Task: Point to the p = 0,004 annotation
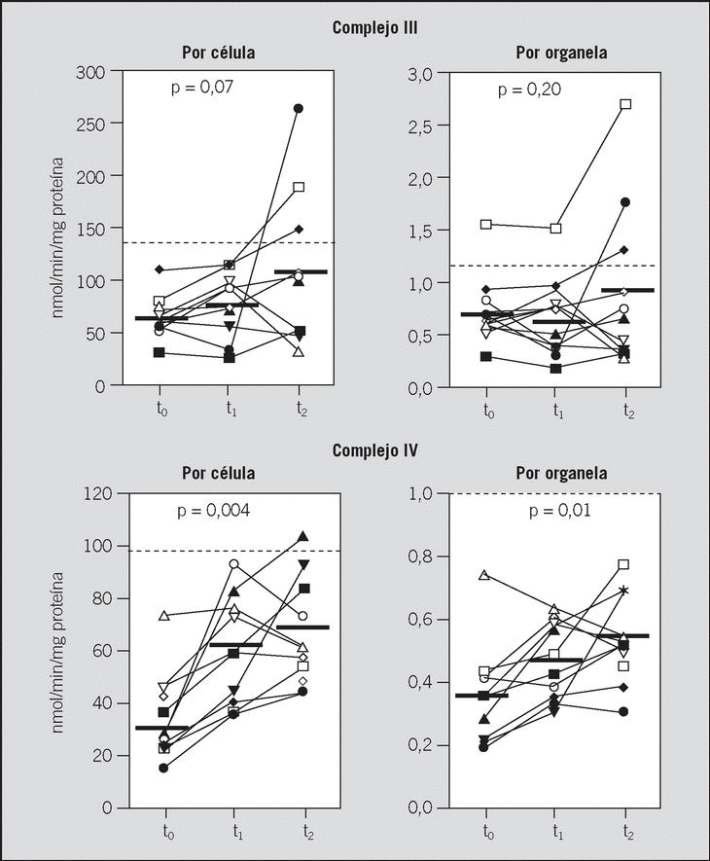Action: click(213, 511)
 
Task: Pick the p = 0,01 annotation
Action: click(531, 510)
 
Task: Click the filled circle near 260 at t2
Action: click(300, 108)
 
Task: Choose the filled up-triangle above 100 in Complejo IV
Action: click(303, 536)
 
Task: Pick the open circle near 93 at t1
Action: click(234, 563)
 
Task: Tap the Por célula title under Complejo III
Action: click(219, 53)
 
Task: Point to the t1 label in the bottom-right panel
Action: click(557, 832)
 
